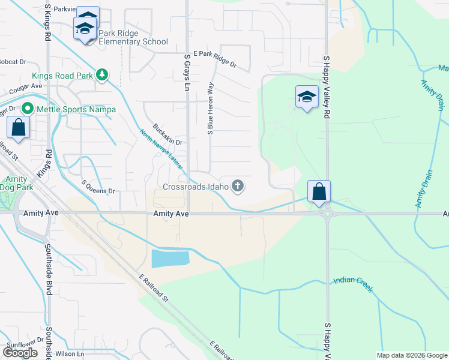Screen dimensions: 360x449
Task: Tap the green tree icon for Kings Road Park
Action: point(103,74)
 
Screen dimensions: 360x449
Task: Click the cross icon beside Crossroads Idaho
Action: point(238,186)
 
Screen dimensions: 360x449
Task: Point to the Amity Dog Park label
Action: point(16,184)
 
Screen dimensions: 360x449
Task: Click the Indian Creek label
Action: point(353,284)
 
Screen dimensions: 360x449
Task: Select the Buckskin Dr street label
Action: point(167,134)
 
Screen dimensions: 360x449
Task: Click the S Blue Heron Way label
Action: point(210,108)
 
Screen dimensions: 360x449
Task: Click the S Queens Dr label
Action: point(97,187)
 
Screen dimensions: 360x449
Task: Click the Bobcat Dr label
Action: point(13,62)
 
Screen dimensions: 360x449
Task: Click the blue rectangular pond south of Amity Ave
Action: point(170,259)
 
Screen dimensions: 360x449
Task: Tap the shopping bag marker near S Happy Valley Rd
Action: point(319,191)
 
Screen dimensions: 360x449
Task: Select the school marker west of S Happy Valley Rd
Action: point(306,97)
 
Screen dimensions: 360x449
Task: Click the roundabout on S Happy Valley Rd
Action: point(327,212)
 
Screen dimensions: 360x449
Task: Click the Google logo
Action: point(20,353)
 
